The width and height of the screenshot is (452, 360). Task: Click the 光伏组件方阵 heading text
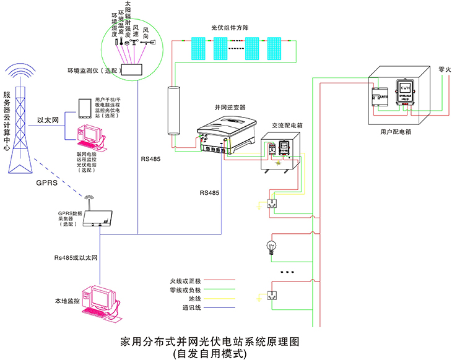pos(232,28)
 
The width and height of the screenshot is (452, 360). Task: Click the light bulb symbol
pos(271,246)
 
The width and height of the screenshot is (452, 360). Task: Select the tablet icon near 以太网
pos(85,108)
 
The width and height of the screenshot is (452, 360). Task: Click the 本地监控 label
pos(67,301)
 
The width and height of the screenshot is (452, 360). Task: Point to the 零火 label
pos(444,69)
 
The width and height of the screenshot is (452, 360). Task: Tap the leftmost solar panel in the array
pos(198,48)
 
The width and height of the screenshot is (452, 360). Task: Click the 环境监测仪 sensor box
pos(131,71)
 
